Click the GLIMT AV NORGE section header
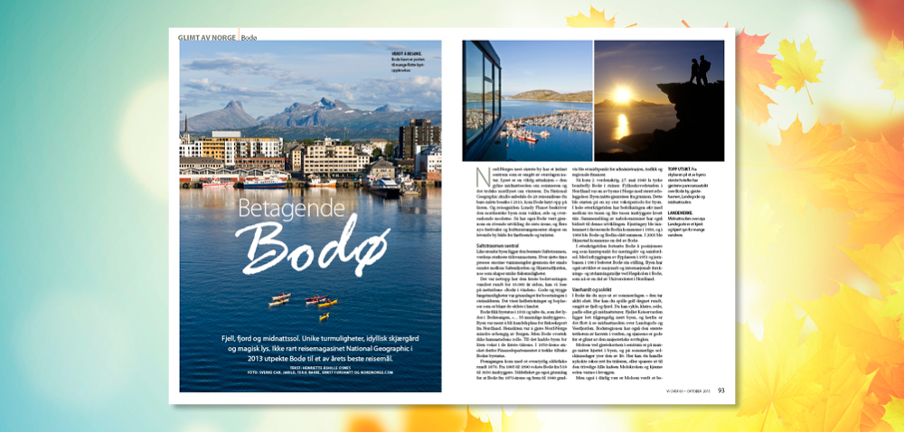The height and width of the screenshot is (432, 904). pos(207,36)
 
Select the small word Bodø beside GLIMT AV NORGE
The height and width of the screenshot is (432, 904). pos(248,36)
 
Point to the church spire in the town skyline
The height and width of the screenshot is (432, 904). pos(185,124)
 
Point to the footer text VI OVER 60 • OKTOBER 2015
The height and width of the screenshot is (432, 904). pos(686,390)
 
